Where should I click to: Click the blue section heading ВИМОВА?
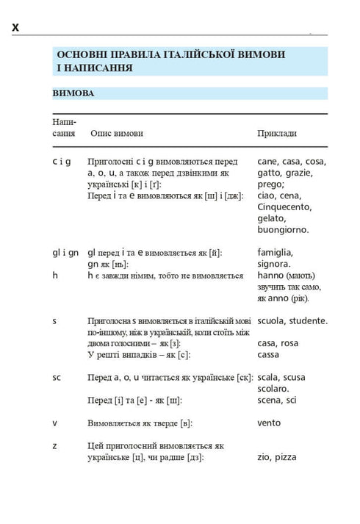(x=73, y=94)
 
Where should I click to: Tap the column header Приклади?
(x=277, y=134)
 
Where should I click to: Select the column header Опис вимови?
(x=117, y=134)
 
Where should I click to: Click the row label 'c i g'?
(x=62, y=161)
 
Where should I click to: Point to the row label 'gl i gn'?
(x=65, y=252)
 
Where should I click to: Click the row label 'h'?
(x=55, y=275)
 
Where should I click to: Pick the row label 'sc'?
(x=57, y=377)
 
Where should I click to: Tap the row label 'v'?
(x=54, y=423)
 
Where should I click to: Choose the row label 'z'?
(x=54, y=445)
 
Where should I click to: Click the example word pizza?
(x=286, y=457)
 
